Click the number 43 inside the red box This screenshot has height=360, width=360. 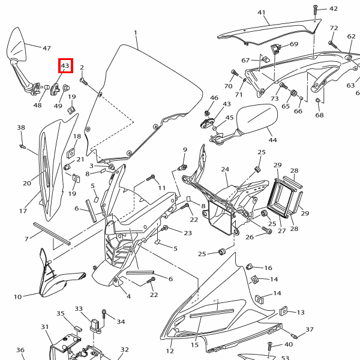click(65, 66)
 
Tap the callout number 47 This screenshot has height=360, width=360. click(46, 47)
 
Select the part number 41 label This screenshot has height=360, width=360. click(261, 13)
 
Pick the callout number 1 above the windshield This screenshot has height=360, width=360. click(136, 33)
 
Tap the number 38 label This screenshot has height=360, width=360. click(21, 128)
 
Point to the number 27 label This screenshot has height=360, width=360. click(281, 231)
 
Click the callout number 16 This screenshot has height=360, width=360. click(268, 268)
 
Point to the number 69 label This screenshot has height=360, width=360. click(294, 44)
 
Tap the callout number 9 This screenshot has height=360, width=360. click(185, 149)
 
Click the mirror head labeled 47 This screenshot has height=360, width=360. click(16, 48)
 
